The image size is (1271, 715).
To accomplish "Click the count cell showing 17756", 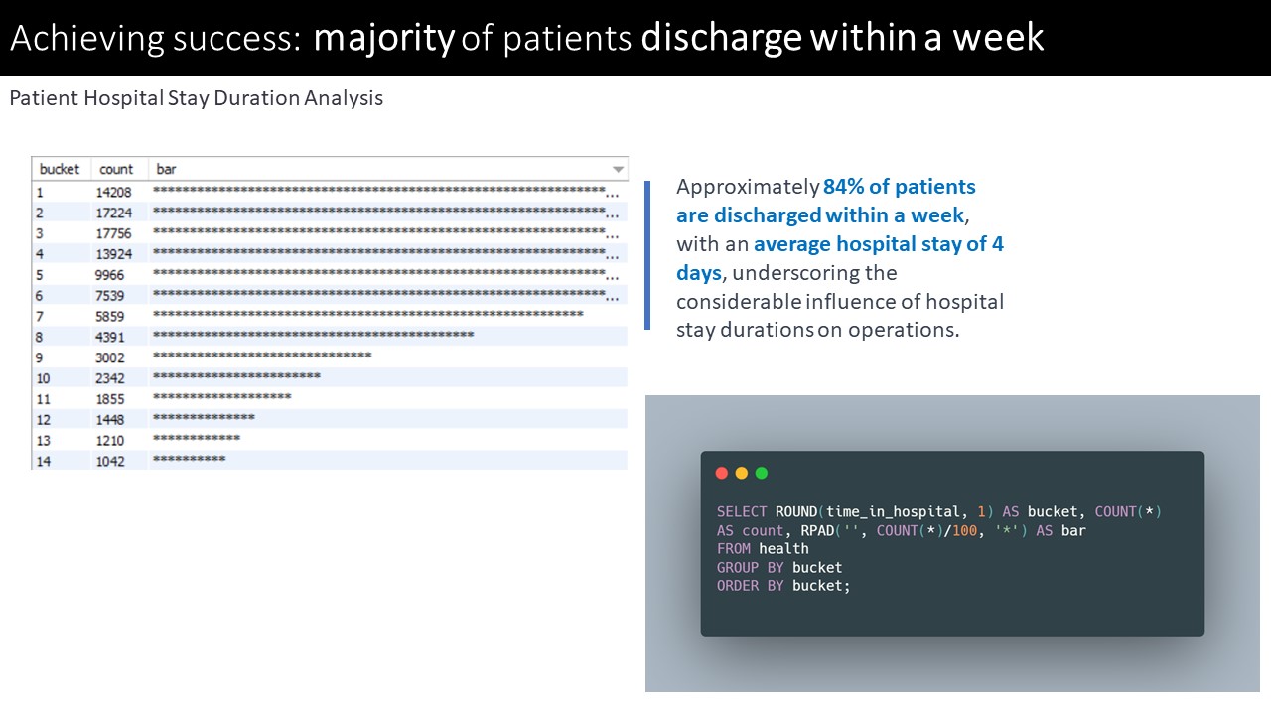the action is (113, 233).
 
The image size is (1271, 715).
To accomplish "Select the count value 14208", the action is (113, 192).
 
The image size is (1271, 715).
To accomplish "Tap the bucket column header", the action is (59, 169).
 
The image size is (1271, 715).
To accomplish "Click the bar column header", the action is (166, 169).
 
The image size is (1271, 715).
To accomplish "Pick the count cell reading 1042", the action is (110, 461).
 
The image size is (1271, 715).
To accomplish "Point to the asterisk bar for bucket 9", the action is (262, 356).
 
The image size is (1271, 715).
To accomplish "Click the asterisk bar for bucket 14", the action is (190, 459).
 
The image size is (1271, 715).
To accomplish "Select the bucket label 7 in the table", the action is (40, 316).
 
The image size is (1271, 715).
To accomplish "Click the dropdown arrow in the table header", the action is (618, 169).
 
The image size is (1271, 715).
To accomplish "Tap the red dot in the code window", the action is (722, 474).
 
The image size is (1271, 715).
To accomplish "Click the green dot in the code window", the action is (762, 474).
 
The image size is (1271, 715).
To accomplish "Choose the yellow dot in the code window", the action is (742, 474).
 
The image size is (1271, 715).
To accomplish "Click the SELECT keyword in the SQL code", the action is (742, 511).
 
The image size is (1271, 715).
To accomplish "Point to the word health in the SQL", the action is (783, 549).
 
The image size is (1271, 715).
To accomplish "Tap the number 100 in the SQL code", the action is (964, 530).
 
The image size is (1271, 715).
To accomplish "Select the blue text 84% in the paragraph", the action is (843, 186).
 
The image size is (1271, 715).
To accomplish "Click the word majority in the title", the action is (384, 39).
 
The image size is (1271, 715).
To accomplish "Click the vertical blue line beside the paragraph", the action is (647, 255).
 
